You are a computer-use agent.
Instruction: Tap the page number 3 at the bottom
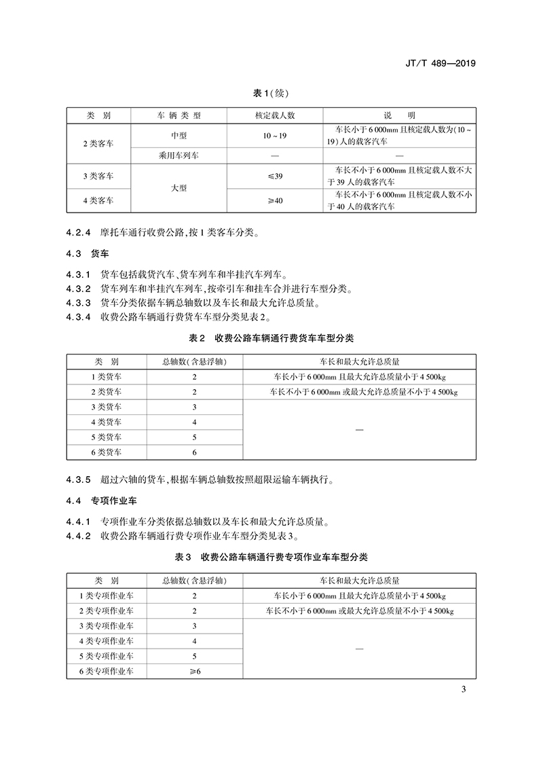coord(463,691)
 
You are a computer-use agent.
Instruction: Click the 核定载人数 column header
coord(274,115)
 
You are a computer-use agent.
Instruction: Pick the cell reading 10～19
coord(274,136)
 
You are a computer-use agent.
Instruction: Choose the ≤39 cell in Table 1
coord(274,176)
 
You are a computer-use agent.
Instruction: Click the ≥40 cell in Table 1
coord(274,200)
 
